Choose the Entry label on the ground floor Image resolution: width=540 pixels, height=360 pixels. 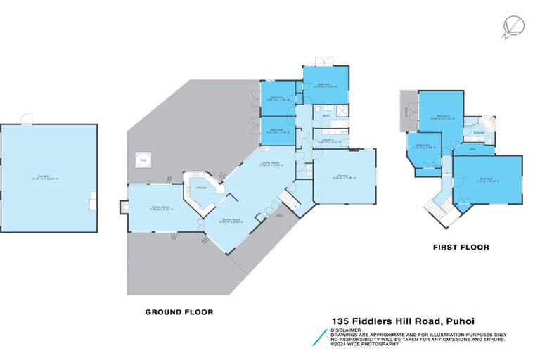point(278,217)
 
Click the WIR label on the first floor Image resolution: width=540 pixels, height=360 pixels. point(473,148)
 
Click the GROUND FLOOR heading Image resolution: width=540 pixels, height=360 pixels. point(179,311)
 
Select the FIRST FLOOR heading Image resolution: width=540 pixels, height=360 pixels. point(461,247)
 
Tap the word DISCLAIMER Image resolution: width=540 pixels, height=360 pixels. point(347,329)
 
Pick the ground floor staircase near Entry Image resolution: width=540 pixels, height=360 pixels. point(290,202)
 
